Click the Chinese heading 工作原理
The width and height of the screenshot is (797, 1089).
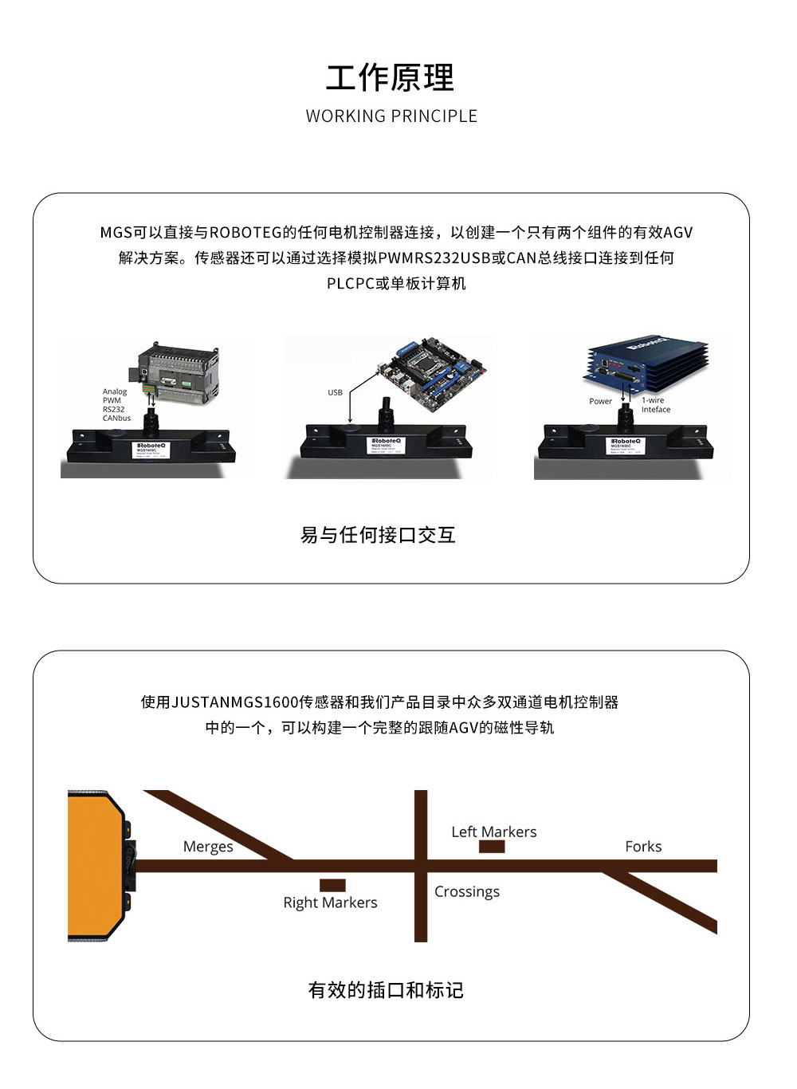[391, 78]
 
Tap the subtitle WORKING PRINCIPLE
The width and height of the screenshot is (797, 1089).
[391, 116]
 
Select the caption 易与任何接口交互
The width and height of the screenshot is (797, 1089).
[378, 535]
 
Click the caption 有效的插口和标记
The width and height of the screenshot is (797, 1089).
[386, 990]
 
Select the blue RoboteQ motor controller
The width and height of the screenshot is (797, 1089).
[646, 362]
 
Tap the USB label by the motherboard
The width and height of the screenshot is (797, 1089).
[335, 392]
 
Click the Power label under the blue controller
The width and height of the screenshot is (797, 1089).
[600, 401]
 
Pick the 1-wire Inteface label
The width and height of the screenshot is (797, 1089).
[655, 405]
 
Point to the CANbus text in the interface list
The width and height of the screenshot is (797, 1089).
[116, 418]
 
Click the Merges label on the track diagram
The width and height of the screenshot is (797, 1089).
[208, 847]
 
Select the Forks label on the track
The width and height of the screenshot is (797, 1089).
[643, 847]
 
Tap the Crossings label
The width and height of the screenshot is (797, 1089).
[467, 891]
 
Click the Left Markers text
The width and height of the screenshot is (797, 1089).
[494, 831]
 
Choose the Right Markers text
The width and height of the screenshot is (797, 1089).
[330, 902]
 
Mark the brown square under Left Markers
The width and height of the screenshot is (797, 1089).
[492, 847]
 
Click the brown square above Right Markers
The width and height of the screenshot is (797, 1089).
[332, 885]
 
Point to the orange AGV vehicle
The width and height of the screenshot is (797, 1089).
[96, 866]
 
